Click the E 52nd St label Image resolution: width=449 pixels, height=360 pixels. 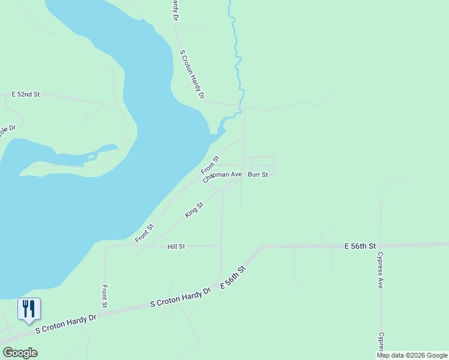tap(26, 95)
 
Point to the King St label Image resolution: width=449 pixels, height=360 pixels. tap(194, 210)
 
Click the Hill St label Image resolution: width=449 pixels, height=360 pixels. tap(176, 247)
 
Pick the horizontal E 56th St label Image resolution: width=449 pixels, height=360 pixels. tap(360, 247)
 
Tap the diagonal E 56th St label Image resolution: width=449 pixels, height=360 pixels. tap(234, 278)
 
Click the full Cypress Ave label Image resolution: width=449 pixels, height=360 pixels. tap(380, 271)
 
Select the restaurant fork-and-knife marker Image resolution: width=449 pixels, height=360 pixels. tap(29, 309)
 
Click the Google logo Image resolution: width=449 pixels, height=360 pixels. tap(20, 353)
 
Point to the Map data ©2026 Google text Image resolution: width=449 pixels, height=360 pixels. tap(412, 355)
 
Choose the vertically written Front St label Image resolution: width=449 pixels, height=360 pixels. tap(105, 296)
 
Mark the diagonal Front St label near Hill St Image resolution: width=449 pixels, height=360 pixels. tap(144, 233)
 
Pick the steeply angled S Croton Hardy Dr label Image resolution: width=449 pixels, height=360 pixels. tap(193, 74)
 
